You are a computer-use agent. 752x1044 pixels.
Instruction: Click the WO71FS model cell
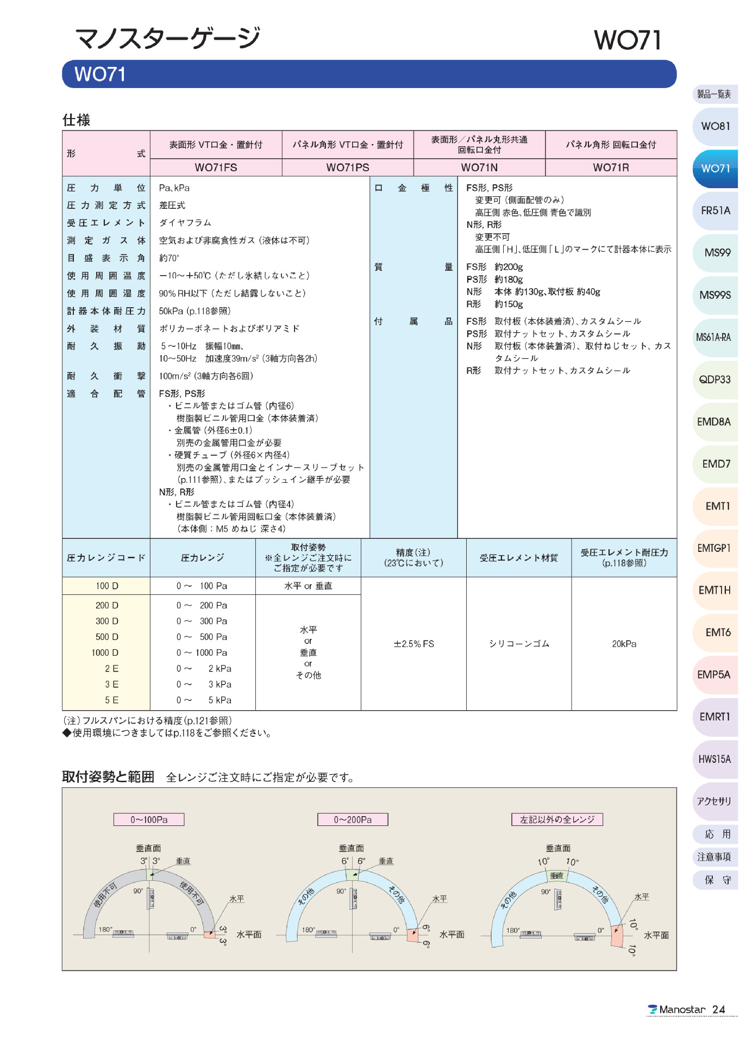coord(216,167)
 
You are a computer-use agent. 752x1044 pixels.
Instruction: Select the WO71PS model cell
coord(347,167)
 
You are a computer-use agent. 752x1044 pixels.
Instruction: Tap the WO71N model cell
coord(479,167)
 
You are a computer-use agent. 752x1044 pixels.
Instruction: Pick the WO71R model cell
coord(611,167)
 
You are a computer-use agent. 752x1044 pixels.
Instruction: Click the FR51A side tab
coord(715,210)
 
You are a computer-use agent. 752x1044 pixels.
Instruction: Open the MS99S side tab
coord(715,295)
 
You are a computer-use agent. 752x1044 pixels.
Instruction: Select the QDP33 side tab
coord(715,380)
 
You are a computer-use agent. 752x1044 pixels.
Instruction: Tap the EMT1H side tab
coord(715,591)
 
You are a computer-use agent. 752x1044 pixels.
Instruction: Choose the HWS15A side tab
coord(715,759)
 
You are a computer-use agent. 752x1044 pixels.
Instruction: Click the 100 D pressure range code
coord(106,586)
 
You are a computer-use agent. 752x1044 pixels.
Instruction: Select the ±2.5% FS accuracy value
coord(413,644)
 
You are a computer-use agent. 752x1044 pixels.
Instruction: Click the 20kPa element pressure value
coord(624,644)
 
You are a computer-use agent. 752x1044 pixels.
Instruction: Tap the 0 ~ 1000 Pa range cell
coord(202,652)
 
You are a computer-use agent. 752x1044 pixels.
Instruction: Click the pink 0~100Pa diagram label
coord(149,819)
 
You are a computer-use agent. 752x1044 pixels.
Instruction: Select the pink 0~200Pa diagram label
coord(353,819)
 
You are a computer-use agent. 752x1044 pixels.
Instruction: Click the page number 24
coord(719,1010)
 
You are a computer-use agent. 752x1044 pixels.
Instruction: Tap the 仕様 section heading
coord(77,120)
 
